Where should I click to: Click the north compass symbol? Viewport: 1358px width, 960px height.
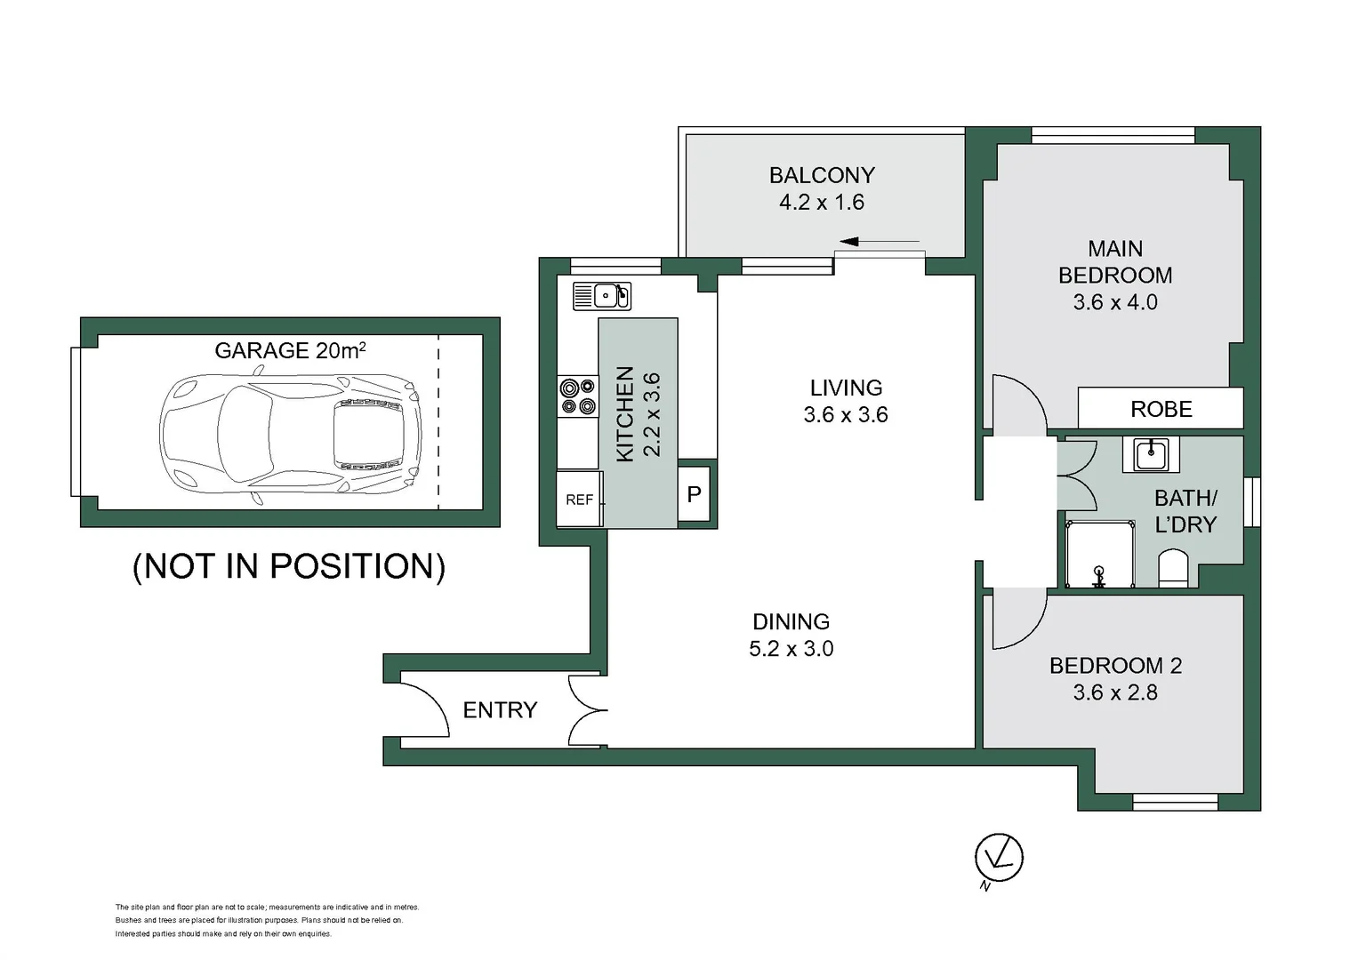999,859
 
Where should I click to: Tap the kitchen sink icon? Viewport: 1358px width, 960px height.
602,296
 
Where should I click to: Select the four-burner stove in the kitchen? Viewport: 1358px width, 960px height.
577,396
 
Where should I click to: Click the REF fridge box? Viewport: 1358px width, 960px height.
580,500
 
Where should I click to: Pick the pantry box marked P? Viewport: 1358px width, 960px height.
695,494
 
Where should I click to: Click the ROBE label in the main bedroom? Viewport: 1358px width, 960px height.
1161,409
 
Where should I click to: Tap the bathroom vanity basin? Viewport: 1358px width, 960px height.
1150,454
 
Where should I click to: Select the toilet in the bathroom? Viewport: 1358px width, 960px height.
1173,569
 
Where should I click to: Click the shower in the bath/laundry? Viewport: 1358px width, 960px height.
1100,556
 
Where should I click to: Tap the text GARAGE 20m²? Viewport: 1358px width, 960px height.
290,350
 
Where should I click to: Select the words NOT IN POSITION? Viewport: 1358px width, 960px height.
288,566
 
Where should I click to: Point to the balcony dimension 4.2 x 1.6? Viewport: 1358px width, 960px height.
821,203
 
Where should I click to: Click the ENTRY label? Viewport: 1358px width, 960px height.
500,710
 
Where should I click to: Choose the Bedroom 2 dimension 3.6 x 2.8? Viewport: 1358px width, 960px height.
1115,692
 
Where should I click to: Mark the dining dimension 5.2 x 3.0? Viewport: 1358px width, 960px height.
791,649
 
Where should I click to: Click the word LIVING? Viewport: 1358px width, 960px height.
846,388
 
